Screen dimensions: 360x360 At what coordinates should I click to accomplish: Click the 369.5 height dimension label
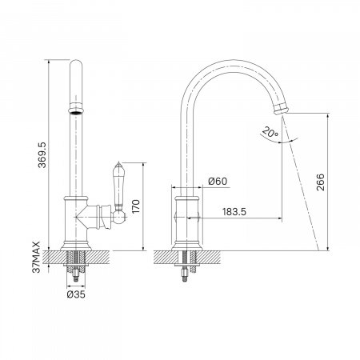click(42, 155)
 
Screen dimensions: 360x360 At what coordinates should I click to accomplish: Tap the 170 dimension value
click(136, 206)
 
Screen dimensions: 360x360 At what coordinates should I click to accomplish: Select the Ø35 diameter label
click(76, 294)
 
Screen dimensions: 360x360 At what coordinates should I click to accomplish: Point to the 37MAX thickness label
click(36, 257)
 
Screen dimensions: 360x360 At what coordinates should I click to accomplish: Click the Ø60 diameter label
click(218, 182)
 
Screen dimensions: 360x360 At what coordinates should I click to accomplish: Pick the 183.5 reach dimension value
click(234, 212)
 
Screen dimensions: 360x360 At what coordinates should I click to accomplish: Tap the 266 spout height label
click(321, 182)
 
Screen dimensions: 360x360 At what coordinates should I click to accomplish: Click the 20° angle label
click(270, 132)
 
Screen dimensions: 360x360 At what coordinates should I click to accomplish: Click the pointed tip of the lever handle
click(118, 162)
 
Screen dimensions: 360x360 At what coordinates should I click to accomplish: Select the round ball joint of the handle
click(119, 218)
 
